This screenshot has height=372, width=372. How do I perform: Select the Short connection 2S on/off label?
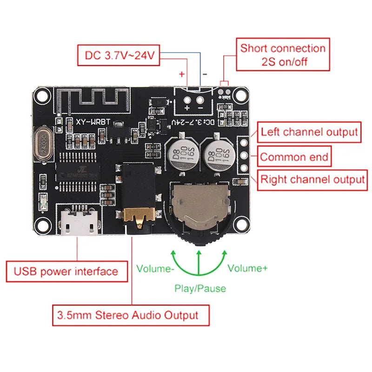click(283, 54)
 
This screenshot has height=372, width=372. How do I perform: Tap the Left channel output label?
click(309, 132)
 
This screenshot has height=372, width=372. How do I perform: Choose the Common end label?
click(294, 157)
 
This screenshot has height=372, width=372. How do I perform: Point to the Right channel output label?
click(312, 179)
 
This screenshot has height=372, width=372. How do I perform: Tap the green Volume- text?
click(155, 268)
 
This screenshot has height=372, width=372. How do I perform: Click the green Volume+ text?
click(247, 268)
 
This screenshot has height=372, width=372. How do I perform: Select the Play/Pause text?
click(200, 288)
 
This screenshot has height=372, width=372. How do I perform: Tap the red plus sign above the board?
click(182, 73)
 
